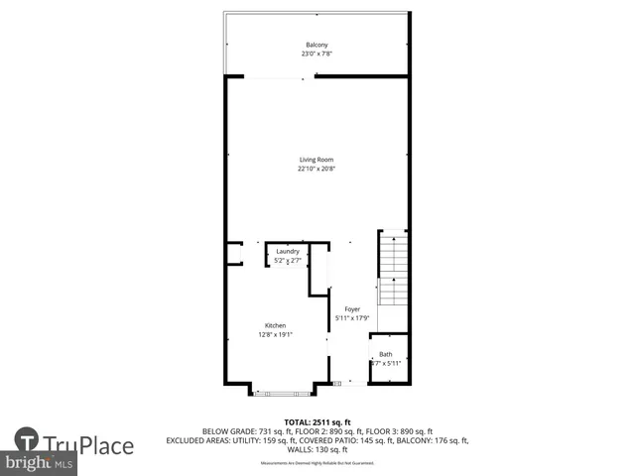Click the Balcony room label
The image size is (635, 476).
[x=317, y=46]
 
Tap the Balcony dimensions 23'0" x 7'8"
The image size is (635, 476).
[x=317, y=54]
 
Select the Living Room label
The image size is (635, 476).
[x=317, y=160]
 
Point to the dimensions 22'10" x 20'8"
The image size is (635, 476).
[x=317, y=169]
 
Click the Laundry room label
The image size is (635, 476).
[x=288, y=252]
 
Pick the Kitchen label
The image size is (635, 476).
[x=275, y=326]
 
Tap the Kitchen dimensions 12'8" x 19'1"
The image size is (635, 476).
[x=275, y=334]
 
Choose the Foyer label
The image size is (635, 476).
[x=351, y=309]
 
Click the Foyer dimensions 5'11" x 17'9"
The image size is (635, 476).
[x=351, y=317]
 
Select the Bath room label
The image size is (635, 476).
[x=386, y=354]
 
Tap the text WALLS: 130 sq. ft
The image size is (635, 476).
[x=317, y=448]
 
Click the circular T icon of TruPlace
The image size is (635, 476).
[x=27, y=438]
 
